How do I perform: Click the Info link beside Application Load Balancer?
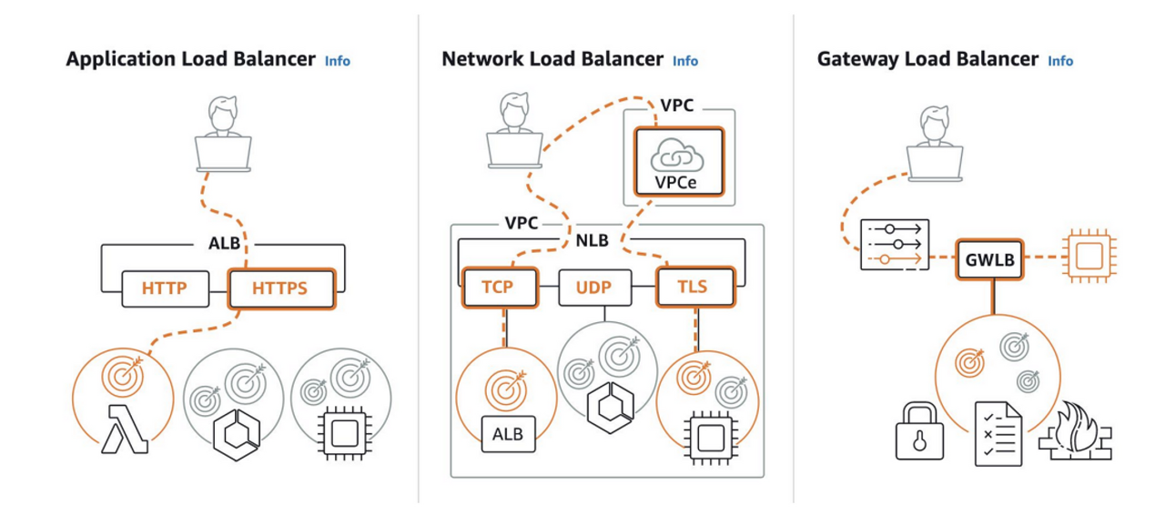pyautogui.click(x=338, y=61)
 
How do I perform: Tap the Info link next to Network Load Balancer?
pyautogui.click(x=685, y=61)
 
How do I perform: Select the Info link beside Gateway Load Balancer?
pyautogui.click(x=1060, y=61)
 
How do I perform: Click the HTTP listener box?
pyautogui.click(x=166, y=288)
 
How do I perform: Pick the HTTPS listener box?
pyautogui.click(x=281, y=288)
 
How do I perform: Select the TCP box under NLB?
pyautogui.click(x=500, y=287)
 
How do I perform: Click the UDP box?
pyautogui.click(x=595, y=287)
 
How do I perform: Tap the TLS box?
pyautogui.click(x=696, y=287)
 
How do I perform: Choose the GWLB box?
pyautogui.click(x=989, y=259)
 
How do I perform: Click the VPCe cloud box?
pyautogui.click(x=679, y=162)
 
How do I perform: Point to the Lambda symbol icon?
pyautogui.click(x=125, y=429)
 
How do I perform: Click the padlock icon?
pyautogui.click(x=919, y=430)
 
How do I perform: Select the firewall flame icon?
pyautogui.click(x=1075, y=430)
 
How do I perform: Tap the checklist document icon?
pyautogui.click(x=998, y=433)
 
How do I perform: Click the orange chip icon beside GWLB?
pyautogui.click(x=1089, y=257)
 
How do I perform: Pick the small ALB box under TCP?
pyautogui.click(x=508, y=434)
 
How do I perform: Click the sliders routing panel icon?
pyautogui.click(x=895, y=245)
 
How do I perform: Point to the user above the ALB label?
pyautogui.click(x=223, y=133)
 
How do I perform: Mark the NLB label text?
pyautogui.click(x=593, y=241)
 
